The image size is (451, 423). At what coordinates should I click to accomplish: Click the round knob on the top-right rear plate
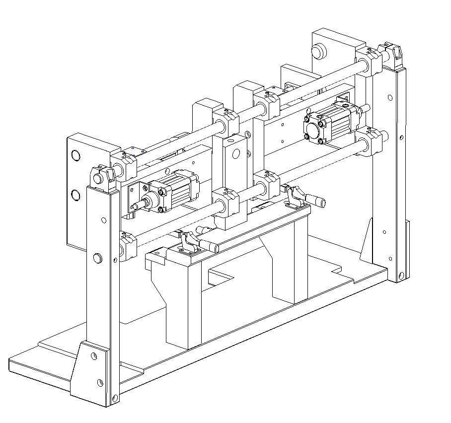tap(317, 51)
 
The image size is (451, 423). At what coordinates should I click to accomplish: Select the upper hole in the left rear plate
tap(75, 156)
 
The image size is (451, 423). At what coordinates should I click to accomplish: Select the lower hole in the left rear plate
tap(75, 195)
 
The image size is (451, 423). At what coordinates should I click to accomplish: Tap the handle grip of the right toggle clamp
tap(316, 201)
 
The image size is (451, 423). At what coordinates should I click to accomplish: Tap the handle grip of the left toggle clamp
tap(211, 246)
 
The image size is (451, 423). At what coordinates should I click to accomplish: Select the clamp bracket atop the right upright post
tap(392, 56)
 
